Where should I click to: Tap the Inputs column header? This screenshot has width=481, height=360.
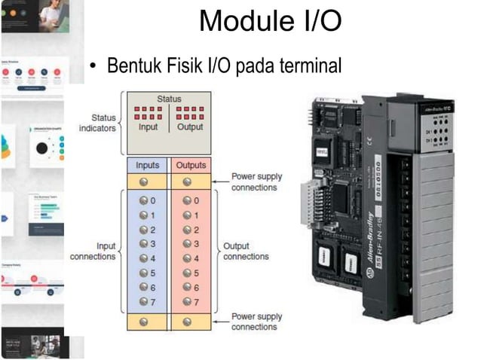coord(148,165)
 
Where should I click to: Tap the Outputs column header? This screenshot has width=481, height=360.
coord(190,165)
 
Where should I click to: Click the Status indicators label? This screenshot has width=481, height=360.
coord(98,123)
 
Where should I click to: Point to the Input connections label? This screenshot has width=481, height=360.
coord(93,251)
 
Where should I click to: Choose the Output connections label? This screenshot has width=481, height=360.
coord(246,251)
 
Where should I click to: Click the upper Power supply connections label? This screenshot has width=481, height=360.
coord(256,182)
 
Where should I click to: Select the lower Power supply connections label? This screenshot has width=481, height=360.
coord(256,322)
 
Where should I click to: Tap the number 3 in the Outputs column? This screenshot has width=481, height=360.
coord(196,244)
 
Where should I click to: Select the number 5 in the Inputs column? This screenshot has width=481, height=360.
coord(153,273)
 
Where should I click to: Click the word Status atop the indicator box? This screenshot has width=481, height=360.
coord(169,99)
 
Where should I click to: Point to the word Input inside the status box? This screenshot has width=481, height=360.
coord(149,127)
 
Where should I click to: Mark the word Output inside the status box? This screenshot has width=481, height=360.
coord(191,127)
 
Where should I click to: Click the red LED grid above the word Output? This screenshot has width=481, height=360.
coord(190,113)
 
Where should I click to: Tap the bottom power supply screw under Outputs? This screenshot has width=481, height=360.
coord(187,322)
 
